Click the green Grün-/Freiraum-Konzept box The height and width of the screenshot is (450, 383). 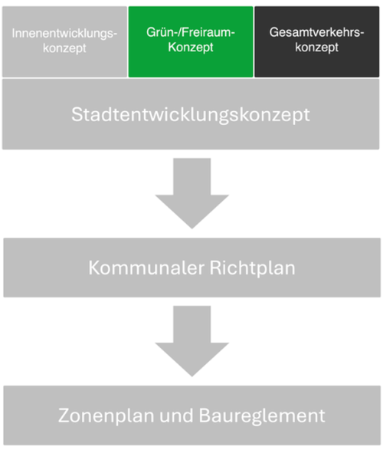[x=191, y=42]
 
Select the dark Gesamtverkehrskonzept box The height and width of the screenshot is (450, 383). [x=317, y=42]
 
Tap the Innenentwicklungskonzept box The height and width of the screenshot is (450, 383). [x=64, y=42]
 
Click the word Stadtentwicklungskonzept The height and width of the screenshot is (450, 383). [x=191, y=115]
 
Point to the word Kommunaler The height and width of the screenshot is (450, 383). [x=146, y=268]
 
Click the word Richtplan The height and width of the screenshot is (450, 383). [x=253, y=268]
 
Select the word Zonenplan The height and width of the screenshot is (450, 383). [x=106, y=416]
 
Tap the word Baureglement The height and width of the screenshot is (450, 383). [x=262, y=416]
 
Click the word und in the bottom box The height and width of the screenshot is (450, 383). [x=176, y=416]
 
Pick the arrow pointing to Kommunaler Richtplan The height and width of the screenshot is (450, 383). [x=192, y=193]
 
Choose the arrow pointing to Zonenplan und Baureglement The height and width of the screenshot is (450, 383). [x=192, y=341]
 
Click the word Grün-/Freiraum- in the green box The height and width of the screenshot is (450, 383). [x=191, y=32]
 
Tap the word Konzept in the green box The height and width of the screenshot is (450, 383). [x=191, y=48]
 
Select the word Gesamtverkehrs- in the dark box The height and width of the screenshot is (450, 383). [x=317, y=32]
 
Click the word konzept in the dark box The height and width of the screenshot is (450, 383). [x=317, y=48]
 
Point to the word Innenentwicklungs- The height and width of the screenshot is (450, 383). [x=64, y=34]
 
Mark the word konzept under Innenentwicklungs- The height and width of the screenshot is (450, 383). [x=64, y=48]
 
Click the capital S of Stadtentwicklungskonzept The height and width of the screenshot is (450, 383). [x=77, y=114]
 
